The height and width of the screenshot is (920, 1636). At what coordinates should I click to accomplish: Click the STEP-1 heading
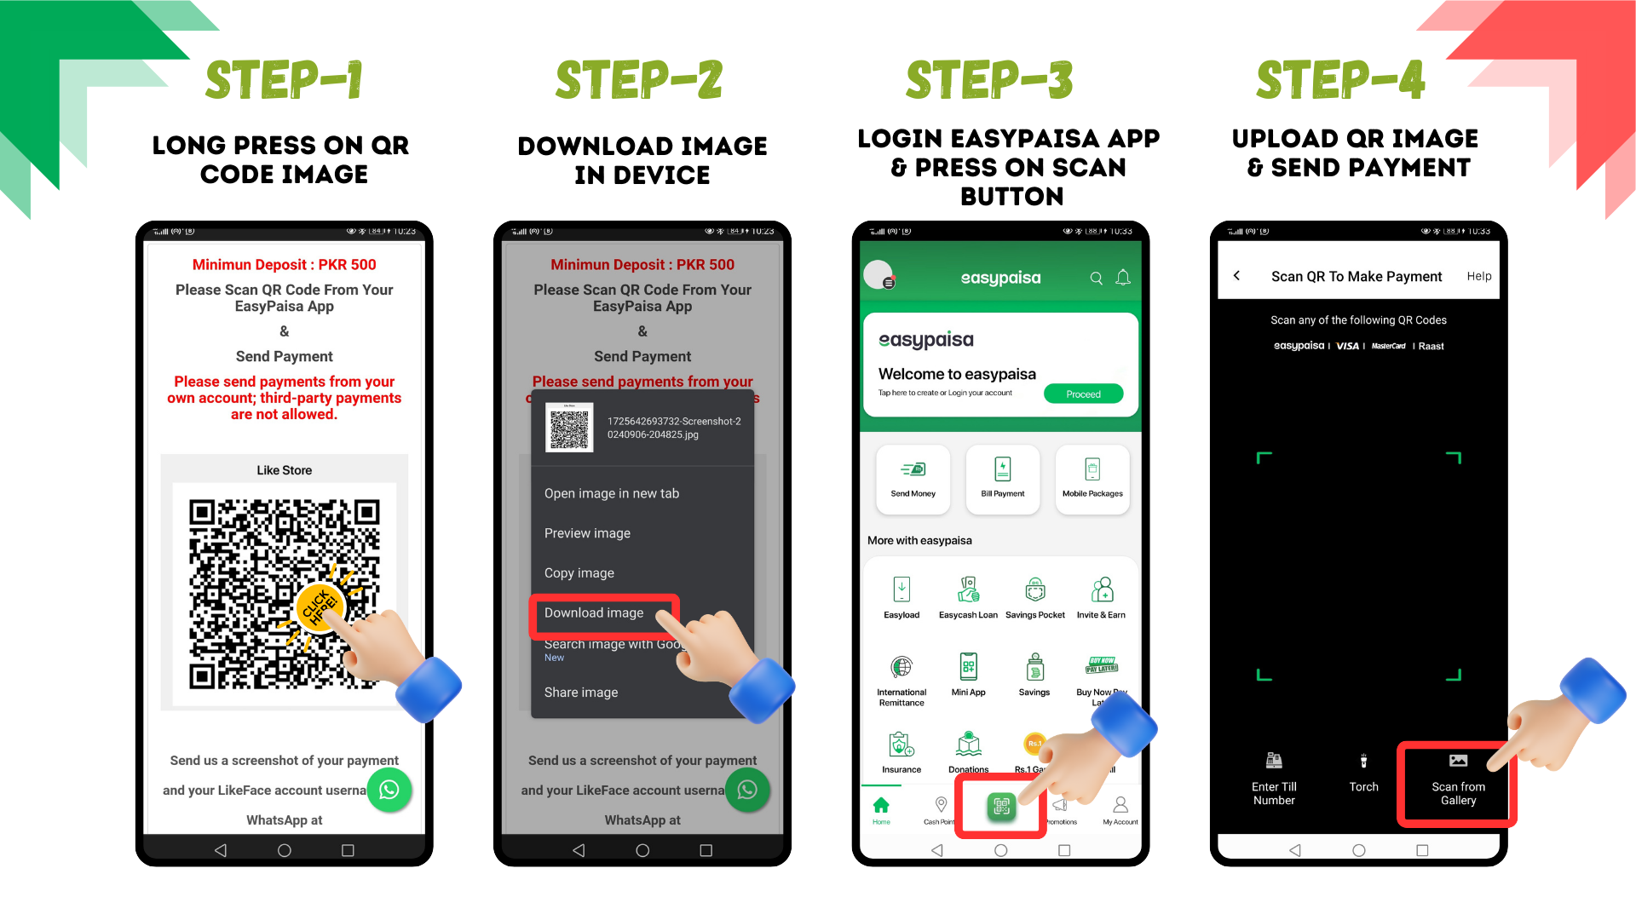pyautogui.click(x=284, y=80)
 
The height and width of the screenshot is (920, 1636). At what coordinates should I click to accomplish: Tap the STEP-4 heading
pyautogui.click(x=1340, y=80)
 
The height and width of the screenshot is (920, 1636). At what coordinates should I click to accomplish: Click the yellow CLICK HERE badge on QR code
pyautogui.click(x=320, y=607)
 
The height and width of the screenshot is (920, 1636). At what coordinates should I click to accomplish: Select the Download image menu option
pyautogui.click(x=595, y=613)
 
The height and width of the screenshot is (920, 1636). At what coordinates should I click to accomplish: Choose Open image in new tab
pyautogui.click(x=612, y=494)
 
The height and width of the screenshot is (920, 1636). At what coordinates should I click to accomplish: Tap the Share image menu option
pyautogui.click(x=581, y=693)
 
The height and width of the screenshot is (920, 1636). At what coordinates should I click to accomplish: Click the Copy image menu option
pyautogui.click(x=579, y=573)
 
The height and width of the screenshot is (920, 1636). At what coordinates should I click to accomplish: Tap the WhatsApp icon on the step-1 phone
pyautogui.click(x=389, y=790)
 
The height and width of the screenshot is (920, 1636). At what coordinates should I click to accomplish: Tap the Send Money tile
pyautogui.click(x=913, y=479)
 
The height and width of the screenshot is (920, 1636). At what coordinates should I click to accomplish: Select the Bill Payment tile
pyautogui.click(x=1002, y=479)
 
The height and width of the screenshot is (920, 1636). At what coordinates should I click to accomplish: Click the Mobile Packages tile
pyautogui.click(x=1092, y=479)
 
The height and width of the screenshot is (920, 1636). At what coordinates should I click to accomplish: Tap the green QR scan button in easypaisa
pyautogui.click(x=1001, y=806)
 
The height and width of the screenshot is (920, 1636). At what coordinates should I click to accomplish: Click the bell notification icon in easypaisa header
pyautogui.click(x=1123, y=278)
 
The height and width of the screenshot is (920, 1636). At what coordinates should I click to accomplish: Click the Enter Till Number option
pyautogui.click(x=1274, y=780)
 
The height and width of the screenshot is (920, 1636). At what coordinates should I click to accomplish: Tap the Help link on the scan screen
pyautogui.click(x=1478, y=276)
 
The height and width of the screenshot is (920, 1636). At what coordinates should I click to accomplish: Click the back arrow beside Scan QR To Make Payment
pyautogui.click(x=1237, y=276)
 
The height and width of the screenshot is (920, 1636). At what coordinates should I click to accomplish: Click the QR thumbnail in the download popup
pyautogui.click(x=569, y=428)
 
